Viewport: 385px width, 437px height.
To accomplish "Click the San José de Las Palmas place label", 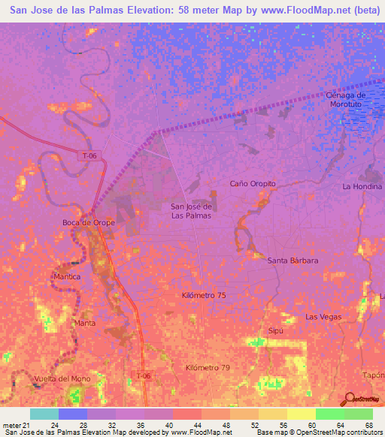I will (190, 211).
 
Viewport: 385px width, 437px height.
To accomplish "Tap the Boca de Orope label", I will (88, 222).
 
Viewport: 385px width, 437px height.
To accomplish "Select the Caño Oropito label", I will (253, 183).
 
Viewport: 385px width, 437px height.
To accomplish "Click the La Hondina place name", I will (362, 186).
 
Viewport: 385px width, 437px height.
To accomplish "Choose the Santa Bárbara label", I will (293, 261).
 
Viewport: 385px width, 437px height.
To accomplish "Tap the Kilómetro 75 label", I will (203, 296).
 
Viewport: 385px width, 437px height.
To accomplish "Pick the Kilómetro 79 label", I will (206, 367).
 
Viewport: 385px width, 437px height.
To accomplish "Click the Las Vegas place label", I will (323, 317).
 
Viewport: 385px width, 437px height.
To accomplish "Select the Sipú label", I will (274, 330).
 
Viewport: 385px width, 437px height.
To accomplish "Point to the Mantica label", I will (67, 277).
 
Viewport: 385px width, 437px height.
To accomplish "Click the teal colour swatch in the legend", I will (44, 414).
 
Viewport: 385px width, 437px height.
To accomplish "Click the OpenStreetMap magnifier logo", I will (350, 398).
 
